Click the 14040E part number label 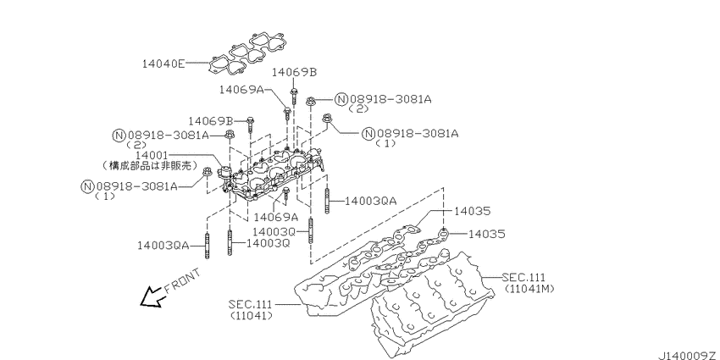pos(163,64)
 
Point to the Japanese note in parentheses pos(150,165)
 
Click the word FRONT pos(182,281)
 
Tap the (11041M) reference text pos(529,290)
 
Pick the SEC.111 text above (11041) pos(250,304)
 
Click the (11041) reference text pos(252,315)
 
